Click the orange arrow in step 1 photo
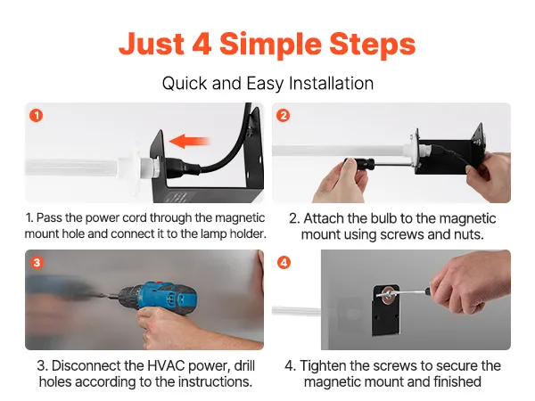coord(190,141)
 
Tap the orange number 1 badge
coord(37,115)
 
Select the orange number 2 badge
coord(284,116)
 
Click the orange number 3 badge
coord(37,263)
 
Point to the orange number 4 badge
coord(284,263)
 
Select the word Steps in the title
coord(372,45)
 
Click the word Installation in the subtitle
coord(331,83)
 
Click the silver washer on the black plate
coord(388,295)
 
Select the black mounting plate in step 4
coord(386,310)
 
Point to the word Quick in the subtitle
coord(185,84)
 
